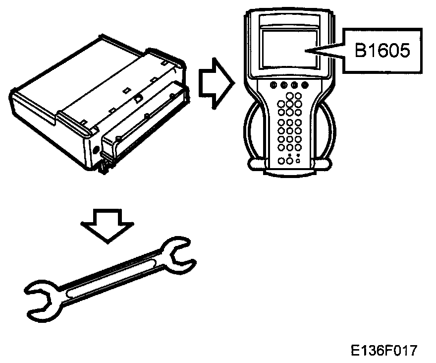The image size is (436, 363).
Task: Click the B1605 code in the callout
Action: click(382, 51)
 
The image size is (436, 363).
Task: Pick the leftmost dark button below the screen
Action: click(273, 85)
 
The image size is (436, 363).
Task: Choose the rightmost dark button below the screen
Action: click(305, 85)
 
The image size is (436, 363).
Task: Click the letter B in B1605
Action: click(360, 51)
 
